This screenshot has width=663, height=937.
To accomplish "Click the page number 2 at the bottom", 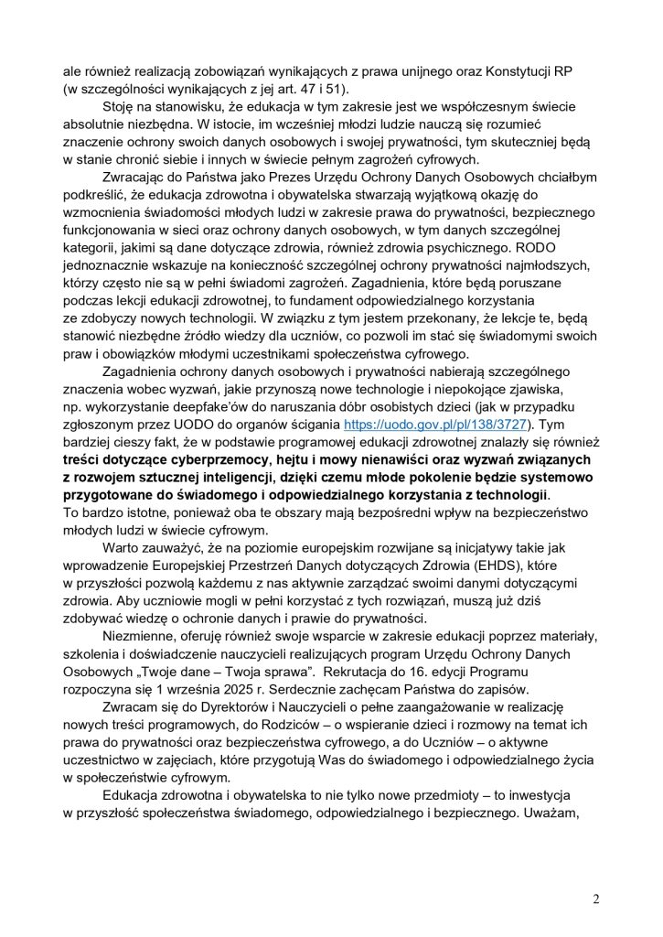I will click(x=596, y=899).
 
